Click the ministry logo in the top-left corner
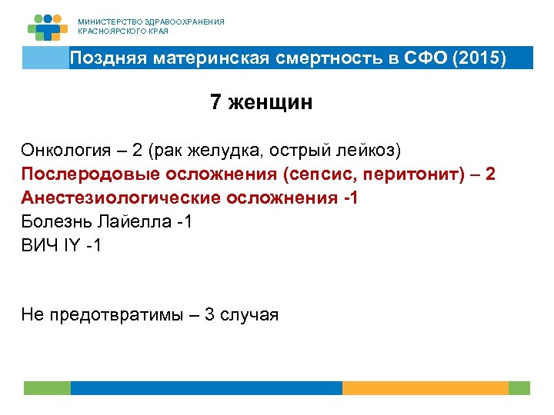(x=48, y=27)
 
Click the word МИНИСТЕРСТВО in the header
(x=107, y=22)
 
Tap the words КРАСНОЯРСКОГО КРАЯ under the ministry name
(x=123, y=32)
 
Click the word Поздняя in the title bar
(x=108, y=58)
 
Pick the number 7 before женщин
(x=216, y=103)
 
